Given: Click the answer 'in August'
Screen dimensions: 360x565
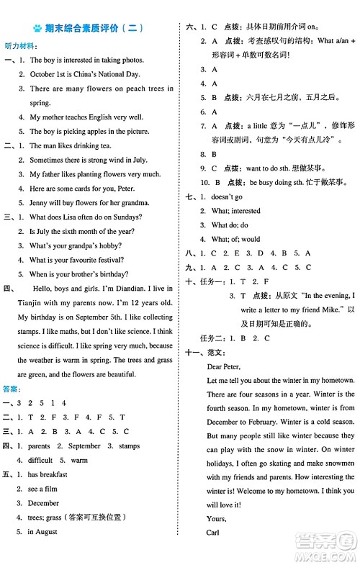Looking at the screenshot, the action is pos(42,532).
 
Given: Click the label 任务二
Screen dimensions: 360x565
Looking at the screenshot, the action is pos(208,338).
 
